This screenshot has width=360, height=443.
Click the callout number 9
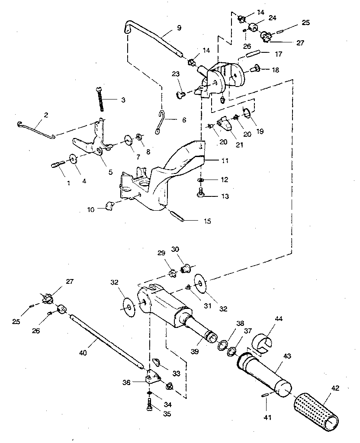tap(179, 28)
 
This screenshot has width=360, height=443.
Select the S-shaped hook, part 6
tap(161, 122)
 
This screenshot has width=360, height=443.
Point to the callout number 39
tap(195, 352)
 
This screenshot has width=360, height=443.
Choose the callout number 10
tap(90, 210)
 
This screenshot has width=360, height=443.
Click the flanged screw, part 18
tap(255, 67)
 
